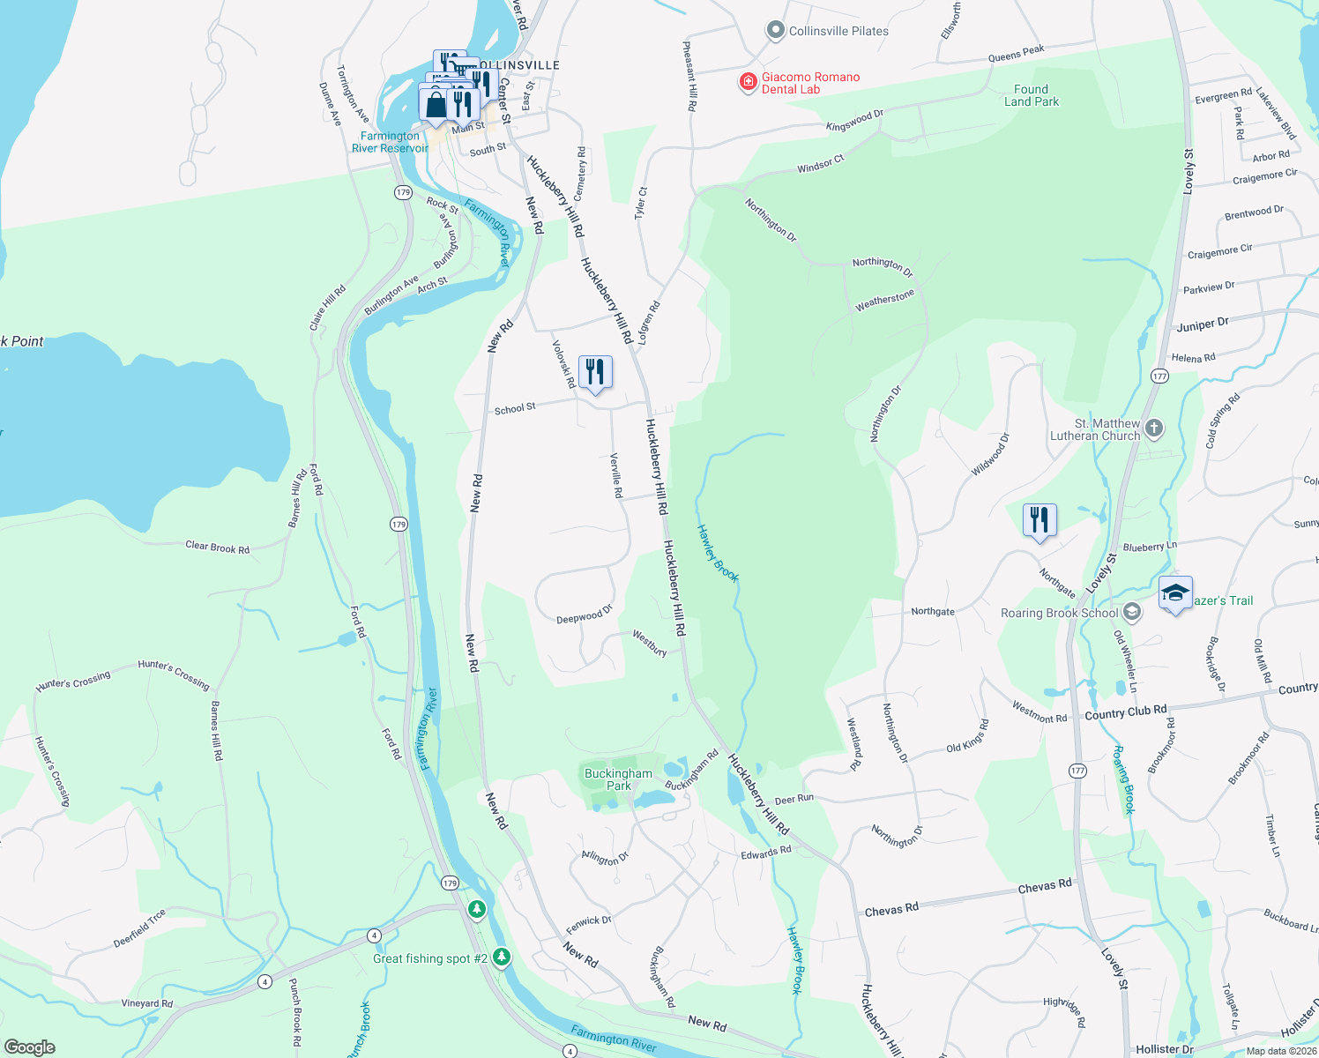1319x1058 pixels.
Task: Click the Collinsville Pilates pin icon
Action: click(x=775, y=31)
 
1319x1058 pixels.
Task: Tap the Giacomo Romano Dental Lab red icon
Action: click(x=748, y=83)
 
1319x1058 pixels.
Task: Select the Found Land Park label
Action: click(x=1031, y=95)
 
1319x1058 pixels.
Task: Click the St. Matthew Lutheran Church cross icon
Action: click(x=1154, y=429)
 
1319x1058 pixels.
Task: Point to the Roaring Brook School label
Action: click(x=1059, y=613)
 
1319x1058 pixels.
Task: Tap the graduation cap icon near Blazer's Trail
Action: click(x=1175, y=593)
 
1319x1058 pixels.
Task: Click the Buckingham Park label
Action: click(x=618, y=779)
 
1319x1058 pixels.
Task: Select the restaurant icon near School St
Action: click(x=595, y=372)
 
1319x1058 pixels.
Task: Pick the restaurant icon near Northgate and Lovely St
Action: click(x=1040, y=520)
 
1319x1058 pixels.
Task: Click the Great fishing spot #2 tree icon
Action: click(x=502, y=957)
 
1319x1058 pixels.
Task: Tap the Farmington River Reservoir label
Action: click(x=390, y=142)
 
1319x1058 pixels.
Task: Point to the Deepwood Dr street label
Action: click(x=584, y=615)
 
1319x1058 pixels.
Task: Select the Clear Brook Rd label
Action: click(x=217, y=548)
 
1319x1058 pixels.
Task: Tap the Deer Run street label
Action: click(x=794, y=799)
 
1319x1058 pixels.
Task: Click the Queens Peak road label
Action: click(x=1016, y=55)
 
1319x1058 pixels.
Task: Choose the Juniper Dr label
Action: click(x=1202, y=325)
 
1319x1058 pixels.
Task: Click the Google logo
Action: click(x=30, y=1047)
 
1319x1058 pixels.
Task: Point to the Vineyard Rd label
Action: click(x=147, y=1003)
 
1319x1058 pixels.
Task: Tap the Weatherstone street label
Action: click(x=884, y=301)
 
